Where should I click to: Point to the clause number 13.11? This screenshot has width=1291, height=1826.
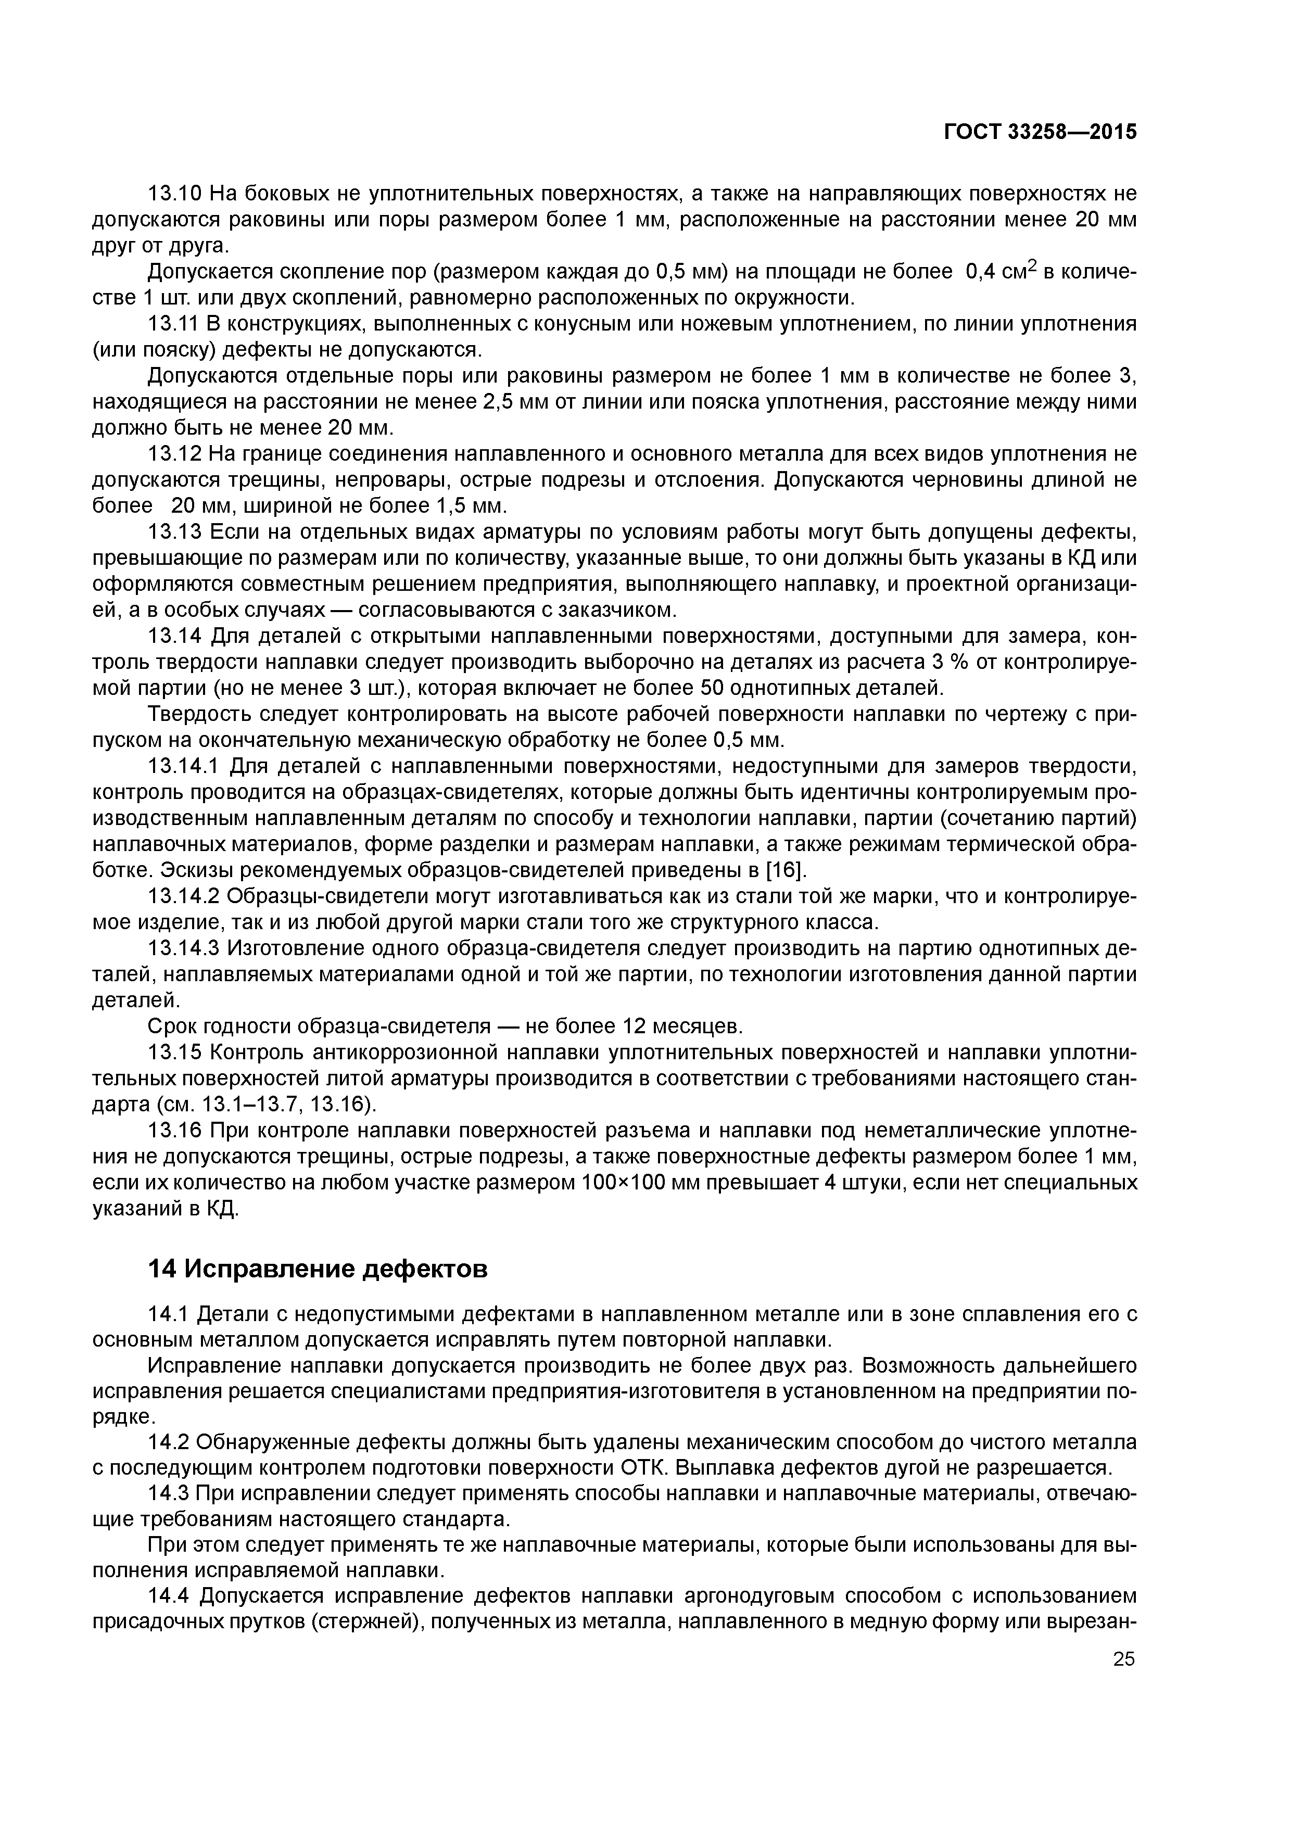(176, 324)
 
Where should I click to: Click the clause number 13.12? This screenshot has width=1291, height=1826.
(176, 454)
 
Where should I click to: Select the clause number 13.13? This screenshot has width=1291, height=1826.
(176, 532)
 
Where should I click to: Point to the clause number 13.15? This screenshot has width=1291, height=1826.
(176, 1053)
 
